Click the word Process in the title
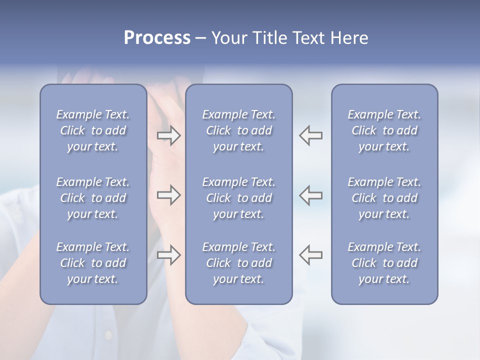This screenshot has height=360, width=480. tap(157, 38)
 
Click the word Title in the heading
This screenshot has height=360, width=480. tap(268, 38)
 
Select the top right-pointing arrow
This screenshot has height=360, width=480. tap(168, 135)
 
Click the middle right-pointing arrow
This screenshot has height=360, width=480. tap(168, 195)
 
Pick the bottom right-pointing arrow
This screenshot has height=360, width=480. tap(168, 255)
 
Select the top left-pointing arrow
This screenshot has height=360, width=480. tap(311, 135)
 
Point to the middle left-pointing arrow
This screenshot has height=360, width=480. tap(311, 195)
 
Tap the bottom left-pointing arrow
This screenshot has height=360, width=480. tap(311, 255)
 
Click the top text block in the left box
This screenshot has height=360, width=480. tap(93, 130)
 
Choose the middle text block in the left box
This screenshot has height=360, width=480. tap(93, 198)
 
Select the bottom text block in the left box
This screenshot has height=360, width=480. tap(93, 263)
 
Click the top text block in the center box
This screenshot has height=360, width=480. tap(238, 130)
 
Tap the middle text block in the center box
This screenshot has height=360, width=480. tap(238, 198)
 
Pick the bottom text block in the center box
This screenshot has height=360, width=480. tap(238, 263)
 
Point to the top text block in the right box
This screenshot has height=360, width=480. tap(384, 130)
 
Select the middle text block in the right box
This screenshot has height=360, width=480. tap(384, 198)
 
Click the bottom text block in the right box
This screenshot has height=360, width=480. tap(384, 263)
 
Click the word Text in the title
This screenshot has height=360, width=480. tap(307, 38)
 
